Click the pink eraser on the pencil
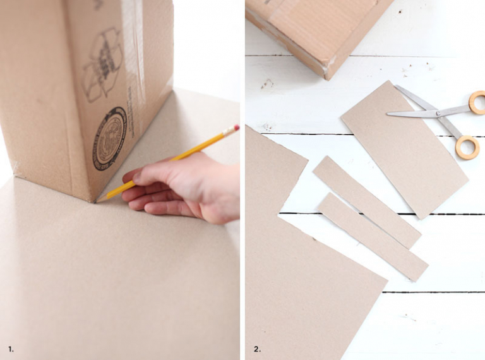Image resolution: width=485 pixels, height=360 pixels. click(236, 128)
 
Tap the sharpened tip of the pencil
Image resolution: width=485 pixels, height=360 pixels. click(97, 201)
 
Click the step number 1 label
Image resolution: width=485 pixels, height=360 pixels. click(11, 349)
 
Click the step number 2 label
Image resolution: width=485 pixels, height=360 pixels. click(256, 349)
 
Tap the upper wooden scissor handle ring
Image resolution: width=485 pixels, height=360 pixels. click(477, 102)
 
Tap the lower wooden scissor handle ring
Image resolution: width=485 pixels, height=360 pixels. click(467, 147)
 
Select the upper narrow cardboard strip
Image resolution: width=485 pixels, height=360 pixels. click(366, 201)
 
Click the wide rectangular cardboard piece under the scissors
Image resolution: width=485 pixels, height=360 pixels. click(404, 152)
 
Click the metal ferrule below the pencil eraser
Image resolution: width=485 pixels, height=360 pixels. click(230, 131)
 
